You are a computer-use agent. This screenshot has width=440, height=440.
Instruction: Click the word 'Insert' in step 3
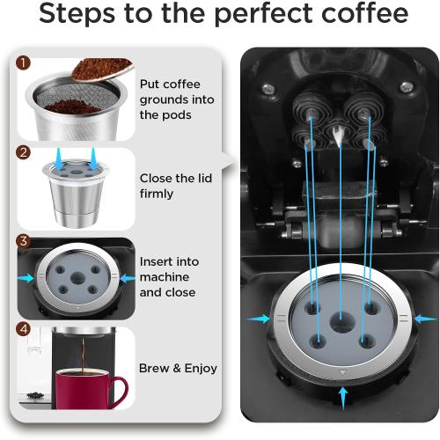tap(158, 261)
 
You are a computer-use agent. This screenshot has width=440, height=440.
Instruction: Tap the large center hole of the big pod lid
tap(341, 334)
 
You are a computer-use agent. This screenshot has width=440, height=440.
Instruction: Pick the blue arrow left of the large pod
tap(256, 317)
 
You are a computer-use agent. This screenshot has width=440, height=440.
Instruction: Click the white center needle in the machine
tap(341, 132)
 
